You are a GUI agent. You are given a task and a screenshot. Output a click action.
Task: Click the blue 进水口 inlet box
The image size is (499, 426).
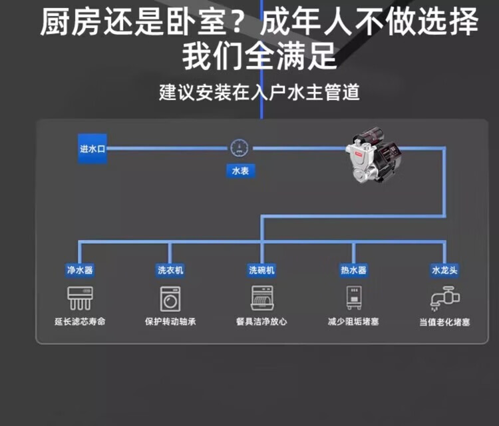pos(92,149)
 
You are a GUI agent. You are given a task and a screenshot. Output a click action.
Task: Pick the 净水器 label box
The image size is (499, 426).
pos(80,270)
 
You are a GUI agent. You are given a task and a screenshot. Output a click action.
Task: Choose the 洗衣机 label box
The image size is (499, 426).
pos(170,270)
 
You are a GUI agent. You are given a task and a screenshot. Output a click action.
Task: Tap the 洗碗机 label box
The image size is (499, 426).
pos(261,270)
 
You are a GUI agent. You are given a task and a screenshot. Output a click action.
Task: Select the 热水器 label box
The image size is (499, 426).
pos(353,270)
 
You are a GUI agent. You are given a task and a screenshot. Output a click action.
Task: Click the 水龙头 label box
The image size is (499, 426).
pos(444,270)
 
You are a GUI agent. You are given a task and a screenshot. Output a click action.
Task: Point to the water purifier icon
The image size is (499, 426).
pos(80,298)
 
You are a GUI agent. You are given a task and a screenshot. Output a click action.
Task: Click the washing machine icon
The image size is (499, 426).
pos(170,299)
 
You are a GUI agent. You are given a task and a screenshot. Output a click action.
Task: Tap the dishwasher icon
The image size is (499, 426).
pos(261,299)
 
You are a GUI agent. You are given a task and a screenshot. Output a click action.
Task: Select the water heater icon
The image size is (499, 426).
pos(353,297)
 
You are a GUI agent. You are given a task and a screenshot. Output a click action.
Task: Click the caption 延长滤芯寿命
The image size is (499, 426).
pos(80,321)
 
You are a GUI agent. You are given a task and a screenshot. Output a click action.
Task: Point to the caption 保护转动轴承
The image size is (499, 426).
pos(170,321)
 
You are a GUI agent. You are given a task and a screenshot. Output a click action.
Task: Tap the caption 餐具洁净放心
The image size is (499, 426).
pos(261,321)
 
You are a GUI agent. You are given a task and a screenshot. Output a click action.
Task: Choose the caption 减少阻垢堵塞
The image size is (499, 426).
pos(353,321)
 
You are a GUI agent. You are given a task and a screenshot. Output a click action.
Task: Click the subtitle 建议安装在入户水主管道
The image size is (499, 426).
pos(259,91)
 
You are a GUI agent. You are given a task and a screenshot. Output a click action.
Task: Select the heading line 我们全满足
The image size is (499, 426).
pos(259,56)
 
